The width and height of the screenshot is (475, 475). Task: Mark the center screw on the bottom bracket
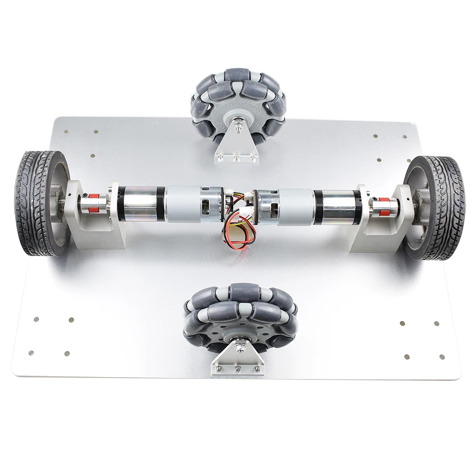pyautogui.click(x=238, y=368)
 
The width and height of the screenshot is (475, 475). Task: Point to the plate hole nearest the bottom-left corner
pyautogui.click(x=31, y=353)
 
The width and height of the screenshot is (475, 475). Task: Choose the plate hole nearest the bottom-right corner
pyautogui.click(x=442, y=357)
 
